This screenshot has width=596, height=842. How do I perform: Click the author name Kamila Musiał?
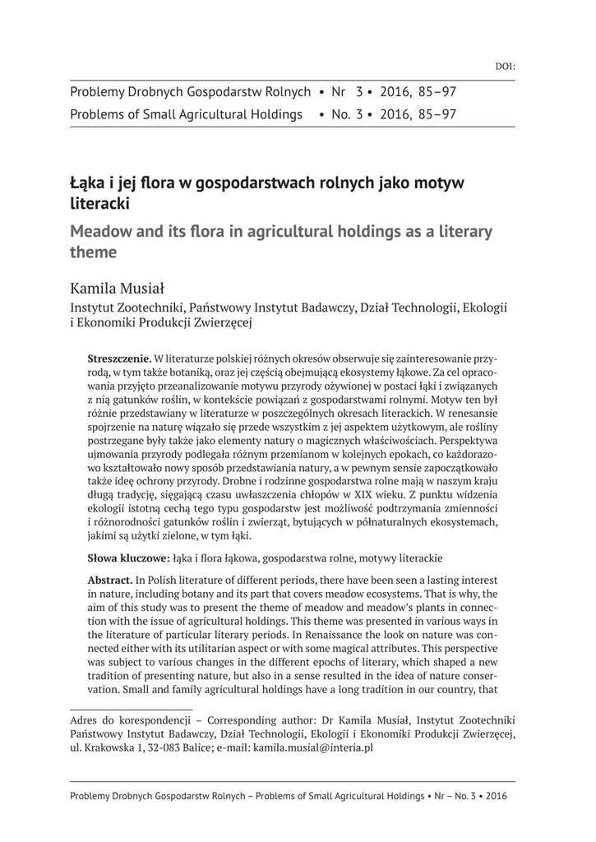(x=118, y=288)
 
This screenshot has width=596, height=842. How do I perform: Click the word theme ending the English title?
(x=92, y=252)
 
